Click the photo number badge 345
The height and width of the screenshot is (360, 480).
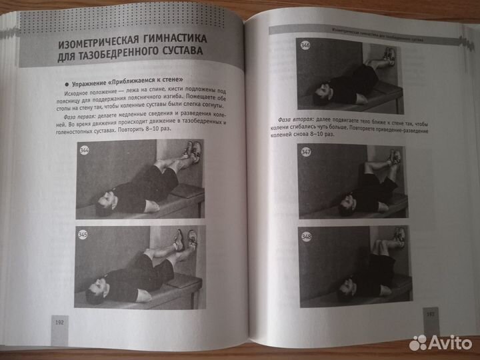[83, 235]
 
